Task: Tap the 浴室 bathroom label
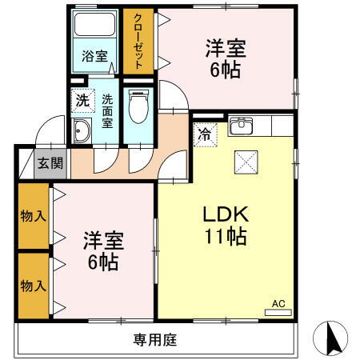point(94,56)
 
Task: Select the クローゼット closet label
point(138,42)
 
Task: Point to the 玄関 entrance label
point(50,163)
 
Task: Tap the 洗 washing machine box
point(82,101)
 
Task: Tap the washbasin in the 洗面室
point(82,133)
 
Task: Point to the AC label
point(278,304)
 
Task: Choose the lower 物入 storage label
point(33,284)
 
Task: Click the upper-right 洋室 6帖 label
point(224,58)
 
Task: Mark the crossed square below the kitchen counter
point(244,162)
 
